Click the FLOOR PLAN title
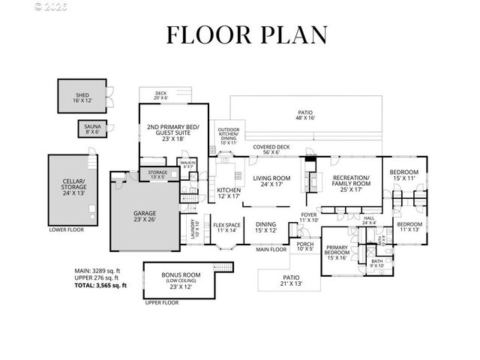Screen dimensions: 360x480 [247, 35]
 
